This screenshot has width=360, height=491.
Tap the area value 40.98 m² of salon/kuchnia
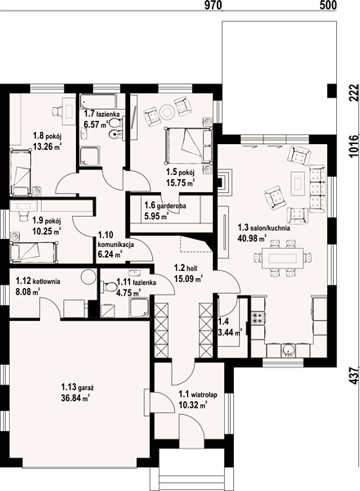(252, 239)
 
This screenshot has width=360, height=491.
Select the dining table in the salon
(282, 258)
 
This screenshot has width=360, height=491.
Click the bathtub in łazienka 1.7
(98, 101)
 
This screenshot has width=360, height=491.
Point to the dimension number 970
(213, 5)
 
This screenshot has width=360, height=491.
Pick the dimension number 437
(353, 376)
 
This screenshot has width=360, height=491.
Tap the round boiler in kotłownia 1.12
(88, 277)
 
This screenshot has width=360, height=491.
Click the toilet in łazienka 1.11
(108, 286)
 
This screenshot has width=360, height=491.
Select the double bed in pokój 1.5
(188, 146)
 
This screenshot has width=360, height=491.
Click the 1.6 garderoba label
(165, 205)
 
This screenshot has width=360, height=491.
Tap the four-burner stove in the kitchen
(259, 318)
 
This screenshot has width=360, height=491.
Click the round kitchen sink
(288, 350)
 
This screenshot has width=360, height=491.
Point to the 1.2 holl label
(185, 268)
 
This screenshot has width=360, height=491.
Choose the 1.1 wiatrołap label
(197, 394)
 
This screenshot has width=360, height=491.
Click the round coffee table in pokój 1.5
(167, 111)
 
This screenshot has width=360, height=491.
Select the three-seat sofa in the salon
(317, 189)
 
